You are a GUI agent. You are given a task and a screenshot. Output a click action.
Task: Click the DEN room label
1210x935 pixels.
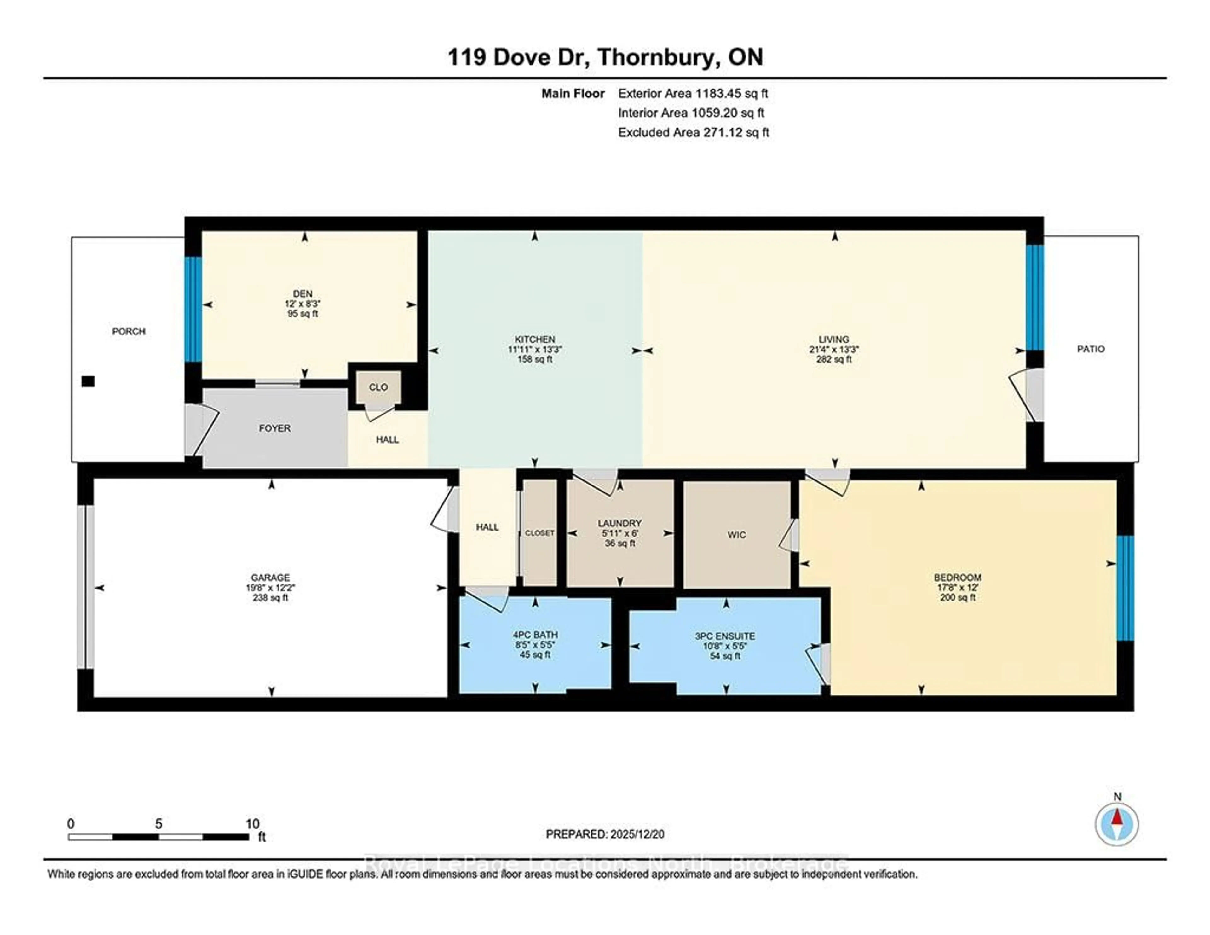(302, 294)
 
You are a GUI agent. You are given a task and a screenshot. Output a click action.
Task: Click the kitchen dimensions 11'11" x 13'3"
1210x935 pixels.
(535, 350)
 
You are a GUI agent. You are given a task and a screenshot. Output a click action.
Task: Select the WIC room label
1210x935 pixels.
(736, 535)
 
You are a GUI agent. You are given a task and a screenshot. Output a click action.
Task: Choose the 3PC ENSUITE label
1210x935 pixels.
(725, 636)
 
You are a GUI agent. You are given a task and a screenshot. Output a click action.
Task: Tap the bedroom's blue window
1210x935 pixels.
(1125, 588)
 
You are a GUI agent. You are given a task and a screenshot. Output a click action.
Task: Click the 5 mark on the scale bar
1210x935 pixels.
(158, 824)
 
